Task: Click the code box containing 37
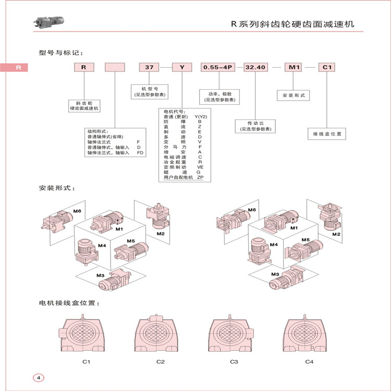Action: [x=149, y=67]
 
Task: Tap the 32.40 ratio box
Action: [x=255, y=67]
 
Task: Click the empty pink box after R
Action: [x=115, y=67]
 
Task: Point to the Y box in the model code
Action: [x=182, y=67]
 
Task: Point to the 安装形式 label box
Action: [x=292, y=96]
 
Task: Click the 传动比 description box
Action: [x=255, y=126]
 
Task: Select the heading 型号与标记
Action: [x=60, y=53]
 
